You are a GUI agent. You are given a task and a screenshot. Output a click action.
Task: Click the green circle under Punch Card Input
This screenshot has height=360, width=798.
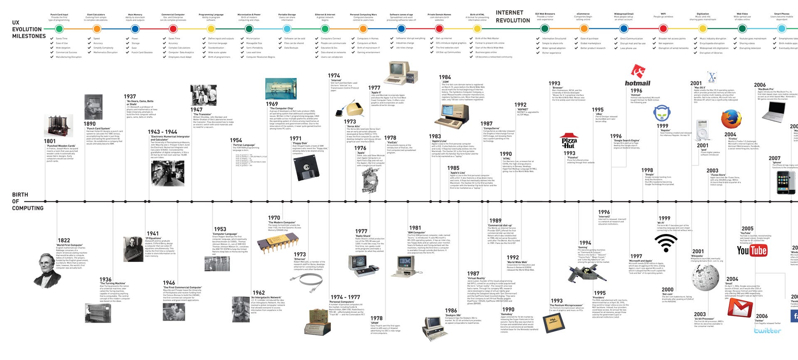click(x=59, y=29)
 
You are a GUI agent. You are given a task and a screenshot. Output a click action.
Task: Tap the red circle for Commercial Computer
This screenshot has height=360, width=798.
click(x=173, y=29)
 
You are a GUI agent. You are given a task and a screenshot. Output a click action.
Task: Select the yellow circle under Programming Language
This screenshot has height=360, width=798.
click(x=211, y=29)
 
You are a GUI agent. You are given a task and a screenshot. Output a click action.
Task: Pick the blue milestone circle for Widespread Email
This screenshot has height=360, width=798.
click(x=623, y=29)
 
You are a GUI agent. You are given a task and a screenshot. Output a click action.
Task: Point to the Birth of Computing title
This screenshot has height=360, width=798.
click(x=27, y=201)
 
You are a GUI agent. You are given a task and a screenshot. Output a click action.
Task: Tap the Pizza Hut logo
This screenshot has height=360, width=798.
click(x=569, y=141)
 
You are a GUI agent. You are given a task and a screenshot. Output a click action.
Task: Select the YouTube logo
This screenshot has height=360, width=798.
click(x=751, y=250)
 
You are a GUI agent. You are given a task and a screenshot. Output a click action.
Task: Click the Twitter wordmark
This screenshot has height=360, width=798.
click(x=767, y=331)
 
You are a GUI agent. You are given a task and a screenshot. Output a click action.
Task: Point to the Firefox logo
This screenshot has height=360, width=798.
click(x=731, y=119)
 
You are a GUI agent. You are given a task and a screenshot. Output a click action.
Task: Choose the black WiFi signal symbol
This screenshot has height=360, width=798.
click(x=666, y=243)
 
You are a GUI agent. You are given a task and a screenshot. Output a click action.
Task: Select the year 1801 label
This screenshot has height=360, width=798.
click(x=49, y=141)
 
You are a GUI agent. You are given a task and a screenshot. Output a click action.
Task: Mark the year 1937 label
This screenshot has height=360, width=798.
click(x=130, y=96)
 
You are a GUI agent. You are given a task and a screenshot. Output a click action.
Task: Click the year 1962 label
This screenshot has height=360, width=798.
click(x=259, y=293)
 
